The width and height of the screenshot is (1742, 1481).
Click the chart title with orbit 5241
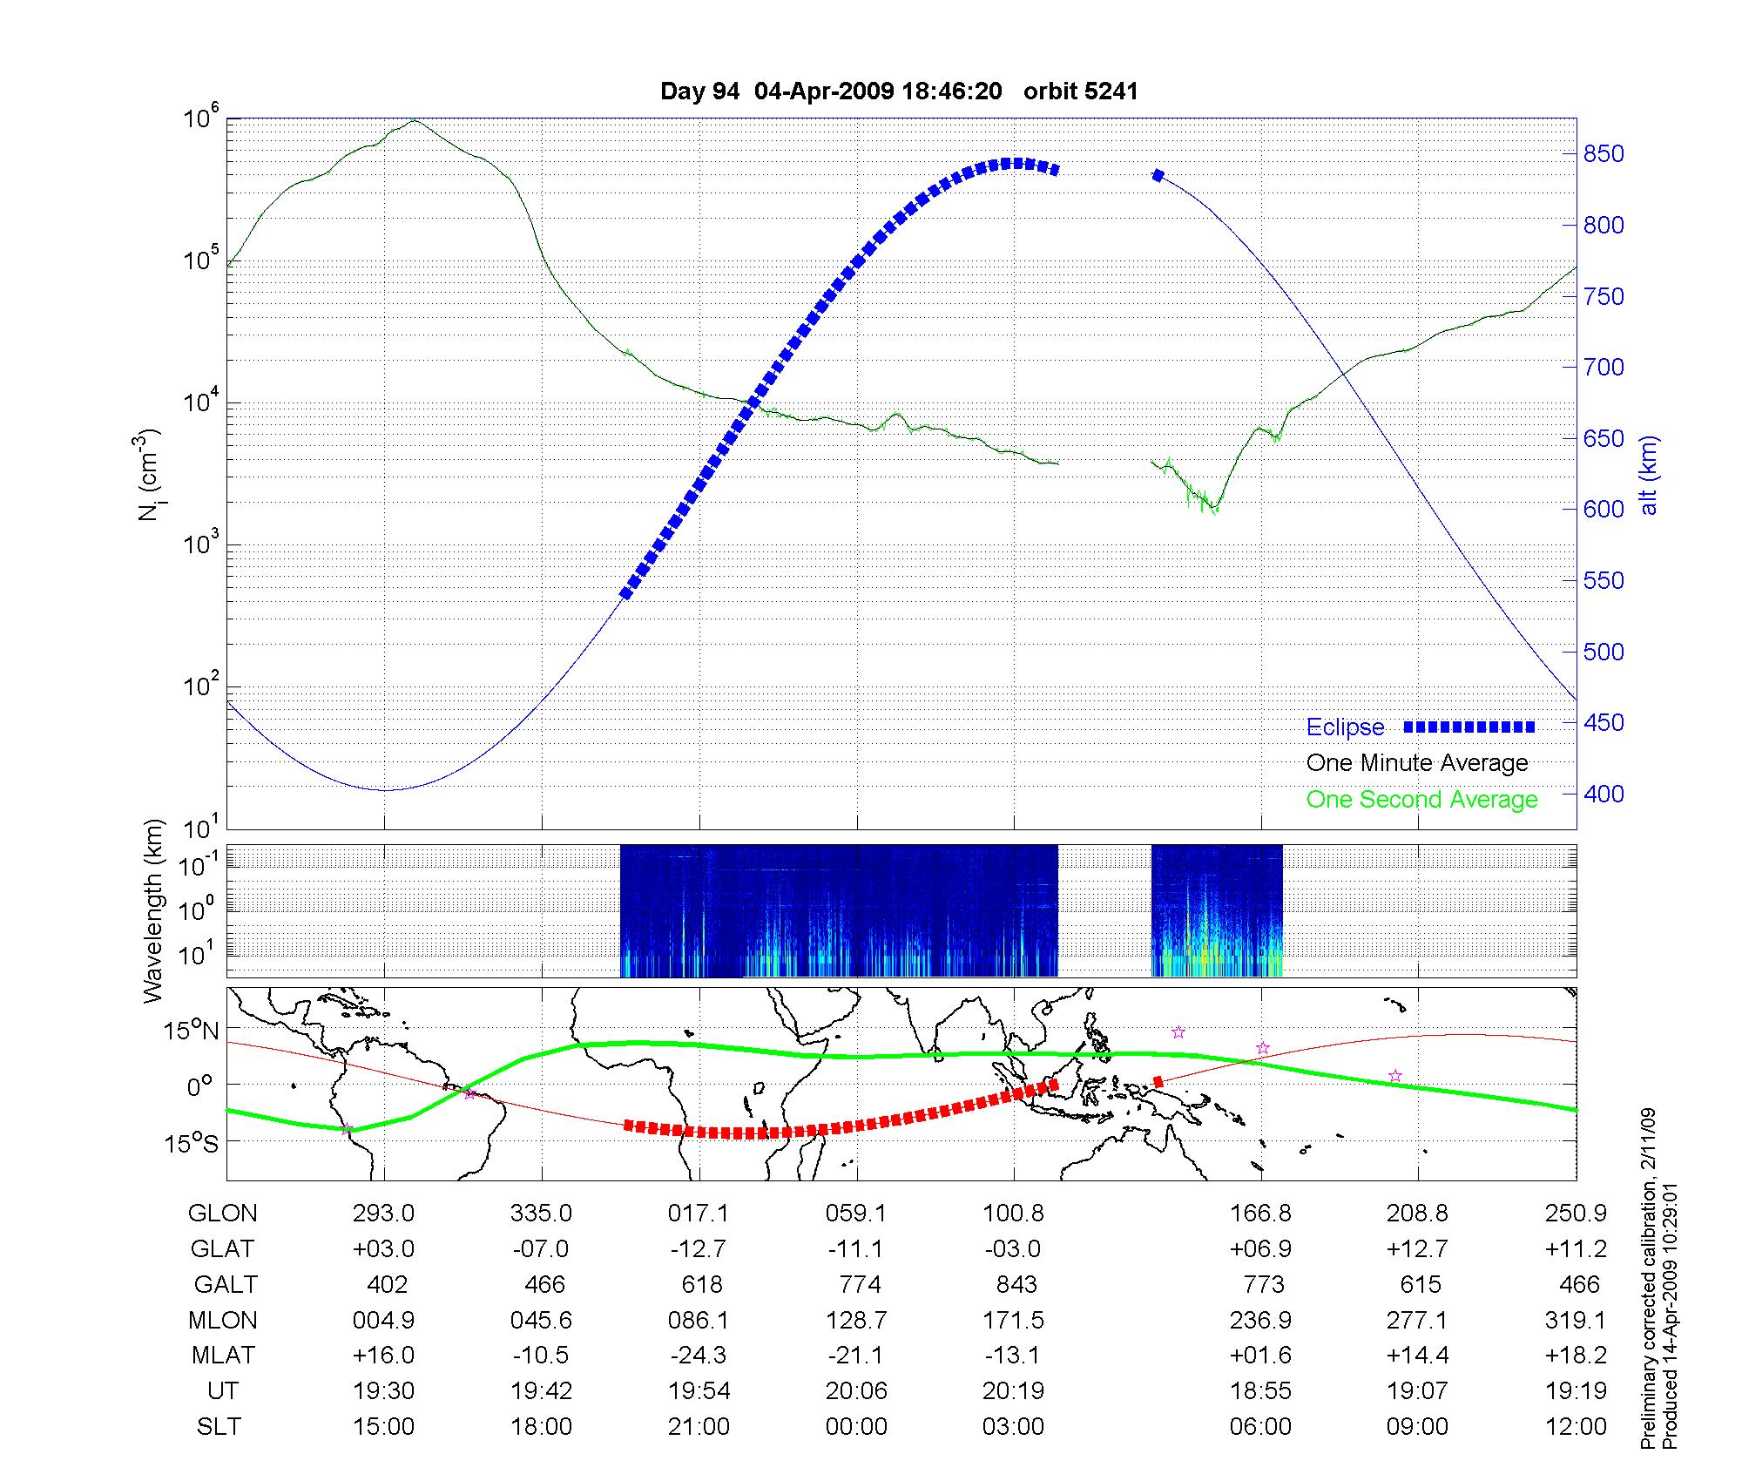coord(899,91)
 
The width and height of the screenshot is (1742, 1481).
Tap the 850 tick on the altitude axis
coord(1604,154)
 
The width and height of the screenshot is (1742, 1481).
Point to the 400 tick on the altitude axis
coord(1604,794)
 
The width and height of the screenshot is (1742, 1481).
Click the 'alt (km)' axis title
coord(1649,475)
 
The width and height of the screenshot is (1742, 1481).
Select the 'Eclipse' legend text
coord(1345,727)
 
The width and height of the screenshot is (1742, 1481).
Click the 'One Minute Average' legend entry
coord(1417,763)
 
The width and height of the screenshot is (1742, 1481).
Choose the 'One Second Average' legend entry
coord(1421,800)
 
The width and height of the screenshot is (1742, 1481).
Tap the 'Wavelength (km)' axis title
coord(153,911)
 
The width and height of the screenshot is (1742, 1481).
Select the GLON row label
coord(223,1214)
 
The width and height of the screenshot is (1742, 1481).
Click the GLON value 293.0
coord(384,1214)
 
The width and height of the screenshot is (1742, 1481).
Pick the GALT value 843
coord(1016,1285)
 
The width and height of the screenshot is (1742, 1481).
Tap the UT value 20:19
coord(1014,1391)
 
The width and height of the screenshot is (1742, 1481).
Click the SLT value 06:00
coord(1260,1427)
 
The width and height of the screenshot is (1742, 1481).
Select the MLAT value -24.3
coord(699,1356)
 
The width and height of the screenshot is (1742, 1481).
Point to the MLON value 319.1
coord(1575,1321)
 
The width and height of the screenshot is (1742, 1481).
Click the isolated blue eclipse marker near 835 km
coord(1158,176)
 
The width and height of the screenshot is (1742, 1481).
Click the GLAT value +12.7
coord(1418,1249)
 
